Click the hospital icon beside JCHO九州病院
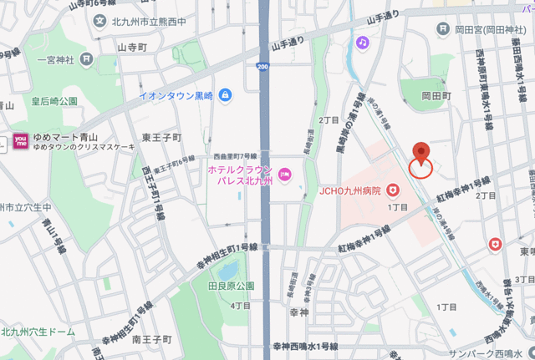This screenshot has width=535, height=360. pyautogui.click(x=392, y=190)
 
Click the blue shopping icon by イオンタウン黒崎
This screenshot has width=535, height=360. pyautogui.click(x=225, y=96)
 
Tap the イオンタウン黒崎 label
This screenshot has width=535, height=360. pyautogui.click(x=177, y=96)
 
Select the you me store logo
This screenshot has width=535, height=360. pyautogui.click(x=21, y=140)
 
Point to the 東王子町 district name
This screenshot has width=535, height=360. pyautogui.click(x=162, y=137)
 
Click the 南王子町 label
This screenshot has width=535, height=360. pyautogui.click(x=151, y=340)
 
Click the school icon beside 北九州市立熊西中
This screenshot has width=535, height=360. pyautogui.click(x=101, y=20)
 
